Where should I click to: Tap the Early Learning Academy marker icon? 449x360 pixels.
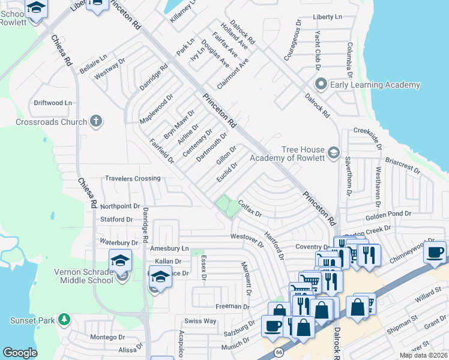point(321,85)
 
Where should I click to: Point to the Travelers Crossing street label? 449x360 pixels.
point(133,178)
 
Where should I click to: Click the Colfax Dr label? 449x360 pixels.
point(250,209)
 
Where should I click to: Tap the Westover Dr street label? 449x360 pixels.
point(247,239)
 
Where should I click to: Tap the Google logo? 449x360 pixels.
point(20,353)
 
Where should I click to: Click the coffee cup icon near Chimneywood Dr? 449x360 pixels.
point(435,251)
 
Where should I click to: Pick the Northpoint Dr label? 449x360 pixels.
point(120,205)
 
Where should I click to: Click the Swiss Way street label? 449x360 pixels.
point(200,321)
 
